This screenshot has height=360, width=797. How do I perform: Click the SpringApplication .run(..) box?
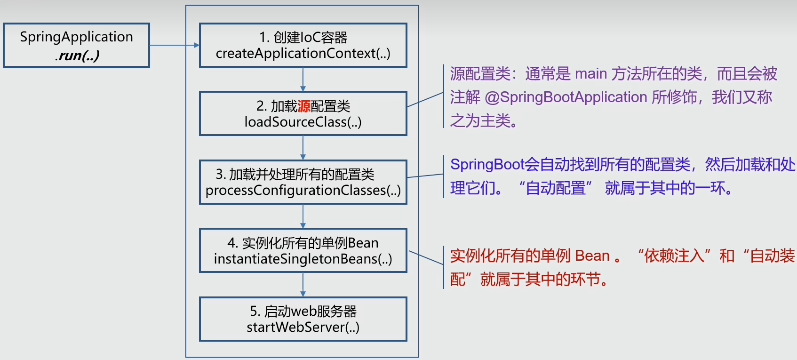point(76,46)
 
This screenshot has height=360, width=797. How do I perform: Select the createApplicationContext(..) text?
point(303,54)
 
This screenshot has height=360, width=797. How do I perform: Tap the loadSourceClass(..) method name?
point(303,122)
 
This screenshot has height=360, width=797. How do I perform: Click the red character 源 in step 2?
point(304,106)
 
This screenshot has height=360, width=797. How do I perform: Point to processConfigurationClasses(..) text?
point(303,191)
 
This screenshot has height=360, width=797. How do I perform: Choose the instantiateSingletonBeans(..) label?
point(303,259)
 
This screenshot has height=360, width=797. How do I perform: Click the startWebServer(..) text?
point(303,327)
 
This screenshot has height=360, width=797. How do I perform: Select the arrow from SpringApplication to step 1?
point(174,45)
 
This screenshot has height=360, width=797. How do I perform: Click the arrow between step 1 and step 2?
point(303,79)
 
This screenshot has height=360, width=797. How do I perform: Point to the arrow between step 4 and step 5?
point(303,284)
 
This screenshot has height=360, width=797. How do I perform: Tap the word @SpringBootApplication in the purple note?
point(566,97)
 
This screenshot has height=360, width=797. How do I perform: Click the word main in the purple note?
point(590,74)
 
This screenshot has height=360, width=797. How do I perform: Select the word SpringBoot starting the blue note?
point(487,165)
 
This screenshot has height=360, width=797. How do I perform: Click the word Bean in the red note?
point(592,256)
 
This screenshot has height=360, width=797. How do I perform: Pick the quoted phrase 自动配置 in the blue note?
point(555,188)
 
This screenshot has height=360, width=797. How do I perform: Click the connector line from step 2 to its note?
point(425,100)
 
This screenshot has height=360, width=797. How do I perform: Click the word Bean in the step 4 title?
point(363,243)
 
